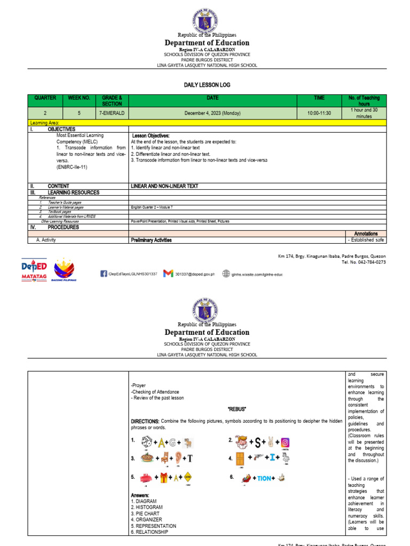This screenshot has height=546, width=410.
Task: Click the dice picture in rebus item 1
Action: pos(145,441)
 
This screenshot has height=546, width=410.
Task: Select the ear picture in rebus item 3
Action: pos(178,458)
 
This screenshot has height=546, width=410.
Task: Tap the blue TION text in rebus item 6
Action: pos(264,478)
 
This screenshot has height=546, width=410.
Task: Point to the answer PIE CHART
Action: pos(146,513)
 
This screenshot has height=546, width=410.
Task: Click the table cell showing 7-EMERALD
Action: pos(112,114)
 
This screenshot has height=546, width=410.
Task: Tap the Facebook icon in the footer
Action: pos(104,274)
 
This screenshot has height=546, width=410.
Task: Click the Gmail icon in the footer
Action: pos(168,274)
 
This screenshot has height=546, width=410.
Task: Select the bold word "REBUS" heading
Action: pos(236,408)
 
